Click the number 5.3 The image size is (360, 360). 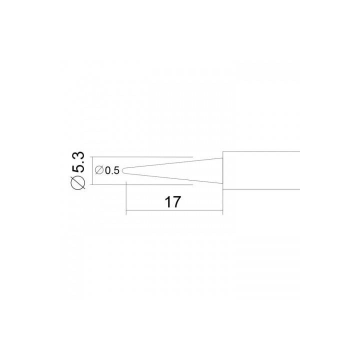pyautogui.click(x=78, y=162)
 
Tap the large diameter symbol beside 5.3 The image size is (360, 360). pyautogui.click(x=78, y=182)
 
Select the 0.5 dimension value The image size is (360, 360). pyautogui.click(x=112, y=170)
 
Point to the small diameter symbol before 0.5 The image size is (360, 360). pyautogui.click(x=99, y=170)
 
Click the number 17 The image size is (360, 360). pyautogui.click(x=172, y=202)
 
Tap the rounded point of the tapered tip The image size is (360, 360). pyautogui.click(x=122, y=170)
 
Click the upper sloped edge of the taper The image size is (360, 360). pyautogui.click(x=174, y=163)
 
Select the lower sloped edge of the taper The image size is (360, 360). pyautogui.click(x=174, y=178)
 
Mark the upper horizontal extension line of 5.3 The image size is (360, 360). pyautogui.click(x=142, y=157)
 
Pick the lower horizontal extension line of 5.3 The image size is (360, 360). pyautogui.click(x=142, y=184)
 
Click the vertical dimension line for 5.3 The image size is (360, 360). pyautogui.click(x=92, y=171)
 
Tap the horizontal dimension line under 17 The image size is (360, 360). pyautogui.click(x=174, y=210)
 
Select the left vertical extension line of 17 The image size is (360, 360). pyautogui.click(x=126, y=198)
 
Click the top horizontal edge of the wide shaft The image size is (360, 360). pyautogui.click(x=261, y=151)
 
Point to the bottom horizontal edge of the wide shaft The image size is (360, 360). pyautogui.click(x=261, y=189)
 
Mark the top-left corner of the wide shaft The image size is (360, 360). pyautogui.click(x=223, y=151)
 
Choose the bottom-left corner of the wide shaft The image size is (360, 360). pyautogui.click(x=223, y=189)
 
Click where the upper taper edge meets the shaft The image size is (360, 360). pyautogui.click(x=223, y=158)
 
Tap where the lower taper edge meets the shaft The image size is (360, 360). pyautogui.click(x=223, y=183)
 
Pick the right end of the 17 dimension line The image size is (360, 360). pyautogui.click(x=223, y=210)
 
